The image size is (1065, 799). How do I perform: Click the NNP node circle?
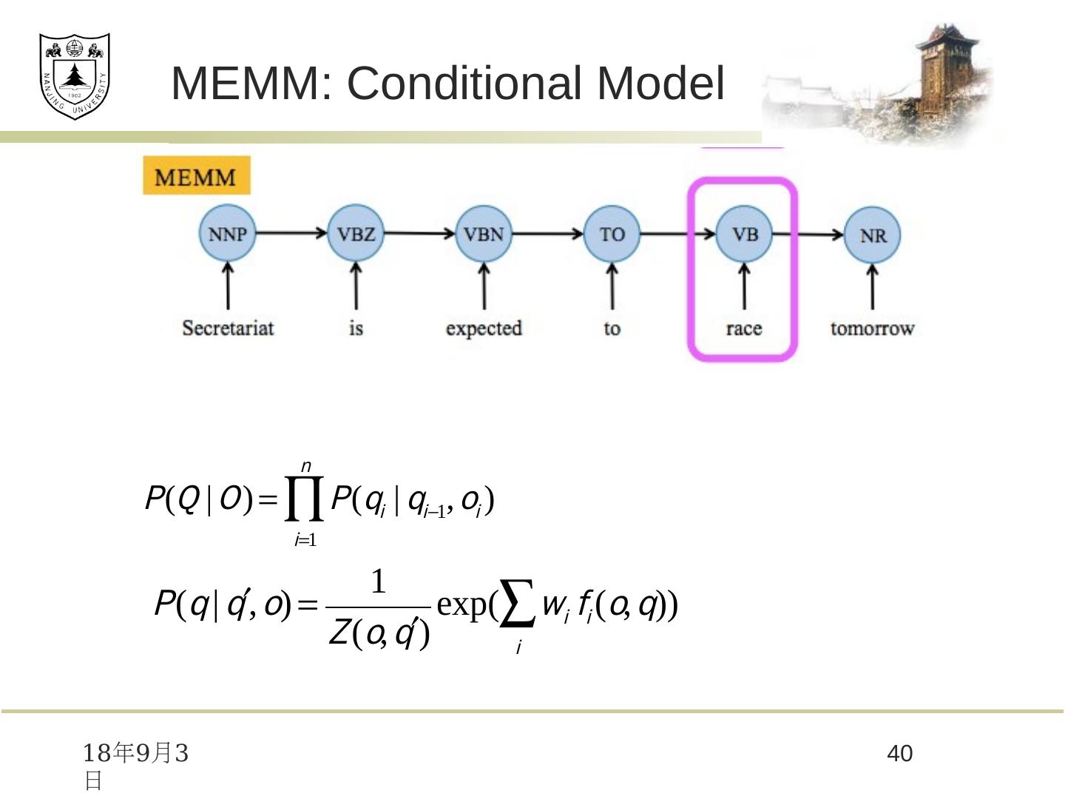click(x=227, y=233)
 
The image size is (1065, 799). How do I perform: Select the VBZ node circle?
click(x=356, y=233)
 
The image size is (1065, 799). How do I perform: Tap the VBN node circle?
click(x=484, y=234)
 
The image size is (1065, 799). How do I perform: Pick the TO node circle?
click(x=612, y=234)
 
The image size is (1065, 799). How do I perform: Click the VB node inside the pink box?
click(x=744, y=234)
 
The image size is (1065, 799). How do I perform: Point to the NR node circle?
click(x=873, y=235)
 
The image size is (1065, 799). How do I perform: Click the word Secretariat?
click(x=228, y=328)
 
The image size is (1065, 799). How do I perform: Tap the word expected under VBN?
click(x=484, y=328)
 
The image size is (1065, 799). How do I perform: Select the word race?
click(x=744, y=328)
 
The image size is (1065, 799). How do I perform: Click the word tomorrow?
click(x=872, y=328)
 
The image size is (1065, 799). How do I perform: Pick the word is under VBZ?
click(x=356, y=328)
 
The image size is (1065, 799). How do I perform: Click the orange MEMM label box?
click(x=196, y=176)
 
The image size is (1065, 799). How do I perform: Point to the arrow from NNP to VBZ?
click(x=291, y=233)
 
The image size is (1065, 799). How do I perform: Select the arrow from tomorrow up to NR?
click(x=873, y=287)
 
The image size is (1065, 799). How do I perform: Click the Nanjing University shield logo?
click(x=74, y=75)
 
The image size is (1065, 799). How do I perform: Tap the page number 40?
click(x=899, y=754)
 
